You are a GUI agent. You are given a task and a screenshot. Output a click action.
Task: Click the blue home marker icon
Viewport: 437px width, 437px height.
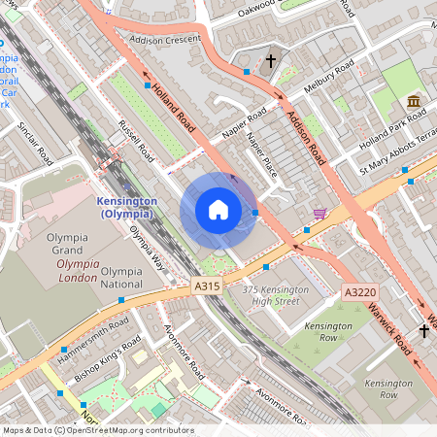click(218, 210)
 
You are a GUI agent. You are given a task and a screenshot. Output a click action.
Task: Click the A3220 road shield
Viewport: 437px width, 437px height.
click(358, 291)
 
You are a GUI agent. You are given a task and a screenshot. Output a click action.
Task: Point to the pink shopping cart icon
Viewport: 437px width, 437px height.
click(320, 213)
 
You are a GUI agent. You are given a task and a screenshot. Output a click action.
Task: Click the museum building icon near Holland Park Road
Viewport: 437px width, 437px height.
click(415, 102)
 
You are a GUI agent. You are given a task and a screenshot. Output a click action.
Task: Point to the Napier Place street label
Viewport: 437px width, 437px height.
click(262, 152)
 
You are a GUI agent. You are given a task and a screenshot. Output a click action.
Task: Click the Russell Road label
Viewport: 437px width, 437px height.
click(137, 142)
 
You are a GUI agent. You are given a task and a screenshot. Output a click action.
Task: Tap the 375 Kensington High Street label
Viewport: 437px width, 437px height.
click(276, 296)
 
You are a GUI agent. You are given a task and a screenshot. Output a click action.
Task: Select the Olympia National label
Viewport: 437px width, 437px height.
click(121, 278)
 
